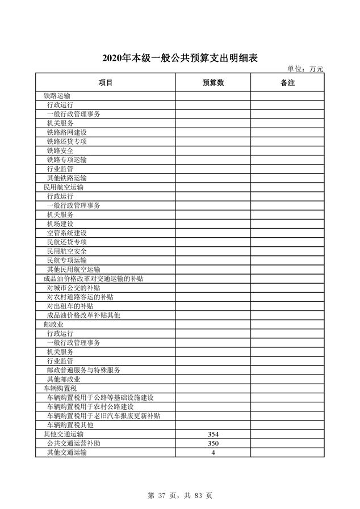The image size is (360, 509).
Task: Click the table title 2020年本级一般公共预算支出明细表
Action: (179, 58)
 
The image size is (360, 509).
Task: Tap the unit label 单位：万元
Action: (305, 69)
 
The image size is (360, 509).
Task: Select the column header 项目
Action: (106, 83)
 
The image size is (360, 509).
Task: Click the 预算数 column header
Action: (213, 83)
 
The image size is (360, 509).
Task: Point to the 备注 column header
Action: (287, 83)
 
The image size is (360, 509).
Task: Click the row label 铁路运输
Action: (57, 96)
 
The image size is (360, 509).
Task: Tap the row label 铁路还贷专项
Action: (67, 141)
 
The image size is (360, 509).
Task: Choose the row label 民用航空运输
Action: (64, 187)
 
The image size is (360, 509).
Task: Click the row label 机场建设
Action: (60, 224)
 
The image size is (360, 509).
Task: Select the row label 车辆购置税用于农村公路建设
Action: (90, 407)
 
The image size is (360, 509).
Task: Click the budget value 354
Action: (214, 434)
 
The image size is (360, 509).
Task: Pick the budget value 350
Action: (214, 443)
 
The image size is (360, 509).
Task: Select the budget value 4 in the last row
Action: (214, 452)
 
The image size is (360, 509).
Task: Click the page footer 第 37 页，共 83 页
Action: (179, 495)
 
